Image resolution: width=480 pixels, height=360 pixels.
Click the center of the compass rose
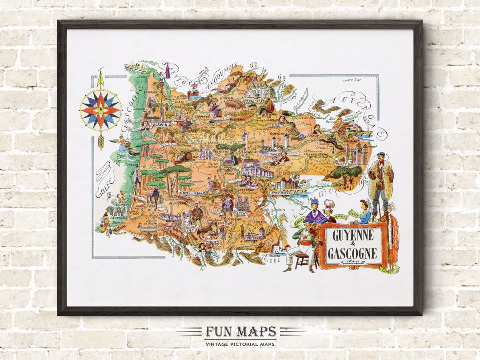coord(100,110)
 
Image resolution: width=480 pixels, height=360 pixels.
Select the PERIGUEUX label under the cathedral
coord(254,101)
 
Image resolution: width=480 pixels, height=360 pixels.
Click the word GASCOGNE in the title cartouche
coord(352,253)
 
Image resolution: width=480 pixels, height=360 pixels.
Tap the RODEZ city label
coord(354,164)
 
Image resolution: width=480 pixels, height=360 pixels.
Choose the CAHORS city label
coord(272,154)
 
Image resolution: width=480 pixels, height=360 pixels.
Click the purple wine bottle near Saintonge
coord(168,71)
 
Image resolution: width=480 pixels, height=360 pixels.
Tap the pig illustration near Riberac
coord(233,104)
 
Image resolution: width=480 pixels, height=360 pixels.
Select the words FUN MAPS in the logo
coord(240,332)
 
